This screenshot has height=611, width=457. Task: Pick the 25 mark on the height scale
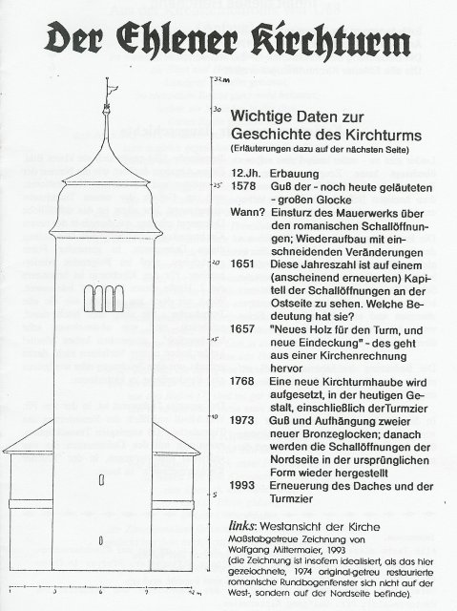point(217,184)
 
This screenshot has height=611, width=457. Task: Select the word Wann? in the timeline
point(249,215)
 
